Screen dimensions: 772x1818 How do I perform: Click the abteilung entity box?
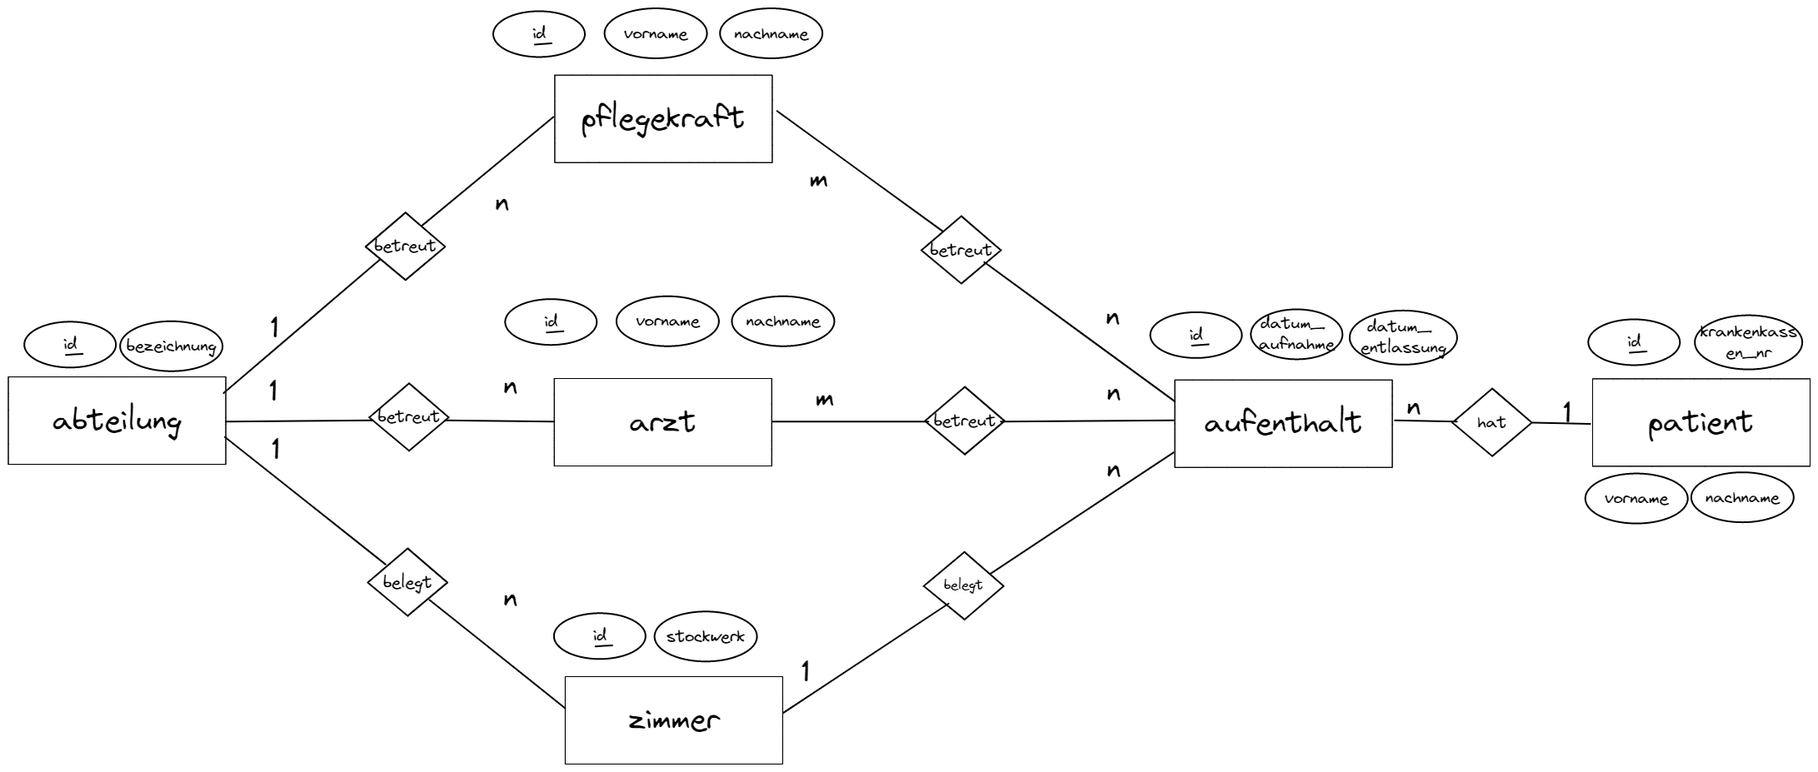click(117, 421)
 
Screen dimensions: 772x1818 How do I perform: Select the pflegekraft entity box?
click(663, 119)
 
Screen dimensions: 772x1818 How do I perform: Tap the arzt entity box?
click(662, 422)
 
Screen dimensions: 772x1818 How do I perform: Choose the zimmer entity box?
click(673, 720)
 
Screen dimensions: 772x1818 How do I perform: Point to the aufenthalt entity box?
click(1283, 423)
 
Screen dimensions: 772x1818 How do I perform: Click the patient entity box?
click(1701, 423)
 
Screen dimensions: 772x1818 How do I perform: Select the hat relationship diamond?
click(1491, 422)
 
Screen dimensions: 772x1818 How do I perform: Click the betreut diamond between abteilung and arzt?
click(408, 417)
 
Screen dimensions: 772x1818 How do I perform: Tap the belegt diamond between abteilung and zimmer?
click(407, 582)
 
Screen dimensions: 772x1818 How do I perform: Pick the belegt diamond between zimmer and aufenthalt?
click(963, 585)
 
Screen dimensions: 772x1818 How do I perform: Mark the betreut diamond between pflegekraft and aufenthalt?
click(961, 250)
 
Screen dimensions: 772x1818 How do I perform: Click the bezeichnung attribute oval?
click(172, 346)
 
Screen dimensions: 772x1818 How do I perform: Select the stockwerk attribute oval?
click(706, 637)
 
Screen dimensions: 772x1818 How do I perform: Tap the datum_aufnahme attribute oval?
click(1296, 334)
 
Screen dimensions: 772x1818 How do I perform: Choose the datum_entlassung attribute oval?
click(1403, 338)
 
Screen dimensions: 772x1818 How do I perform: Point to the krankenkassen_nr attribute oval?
click(1746, 343)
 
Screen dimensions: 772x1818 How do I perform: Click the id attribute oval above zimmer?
click(599, 637)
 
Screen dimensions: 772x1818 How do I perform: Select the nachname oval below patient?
click(1742, 498)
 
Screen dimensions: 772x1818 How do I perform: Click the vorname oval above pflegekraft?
click(655, 34)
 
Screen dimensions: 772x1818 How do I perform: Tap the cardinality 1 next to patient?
click(1567, 411)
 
